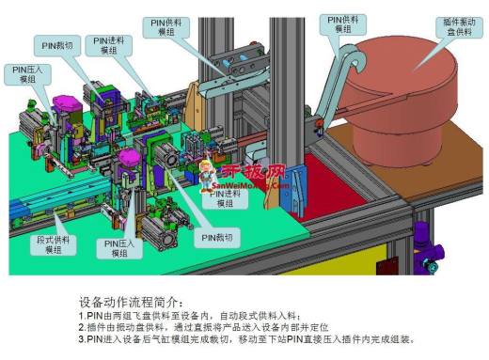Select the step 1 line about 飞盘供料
201,316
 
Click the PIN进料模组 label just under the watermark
226,198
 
